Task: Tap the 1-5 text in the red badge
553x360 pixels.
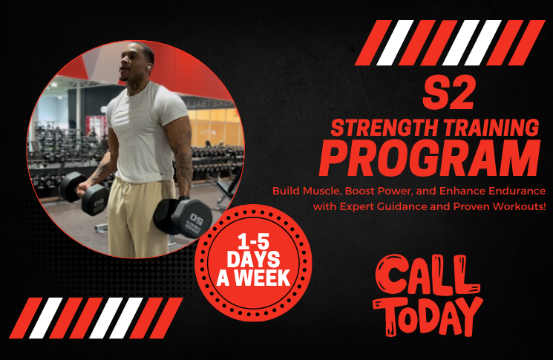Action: click(253, 242)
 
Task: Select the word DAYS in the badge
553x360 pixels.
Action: click(253, 261)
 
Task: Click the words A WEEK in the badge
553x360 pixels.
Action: click(253, 279)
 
